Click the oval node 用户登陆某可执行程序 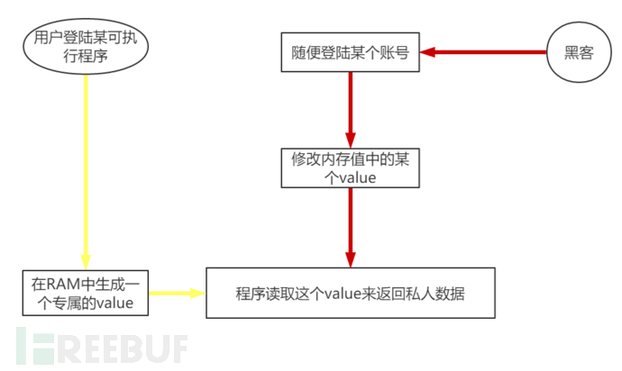86,49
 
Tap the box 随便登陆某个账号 350,52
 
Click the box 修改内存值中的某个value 349,167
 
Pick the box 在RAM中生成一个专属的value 85,293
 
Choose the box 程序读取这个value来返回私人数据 350,293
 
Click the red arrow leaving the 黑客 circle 487,52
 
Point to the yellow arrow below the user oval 86,171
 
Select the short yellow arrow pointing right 176,293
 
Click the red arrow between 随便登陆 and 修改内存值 350,108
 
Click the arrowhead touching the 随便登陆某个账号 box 431,52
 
